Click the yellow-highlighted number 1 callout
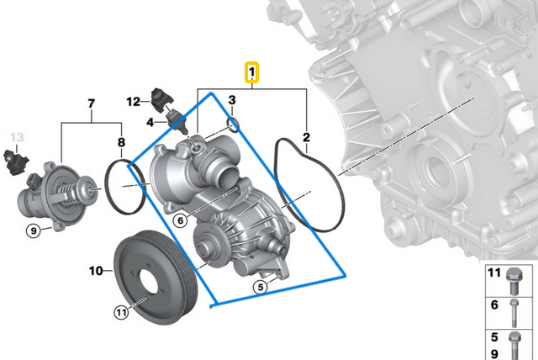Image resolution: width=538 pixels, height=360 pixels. coord(252,72)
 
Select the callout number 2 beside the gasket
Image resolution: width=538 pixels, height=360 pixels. coord(308,136)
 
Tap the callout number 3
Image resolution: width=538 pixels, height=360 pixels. coord(231,101)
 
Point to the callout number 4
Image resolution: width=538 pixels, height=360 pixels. coord(150,122)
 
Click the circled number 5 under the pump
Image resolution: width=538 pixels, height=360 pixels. coord(261,287)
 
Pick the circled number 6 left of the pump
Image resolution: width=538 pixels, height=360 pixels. coord(180,220)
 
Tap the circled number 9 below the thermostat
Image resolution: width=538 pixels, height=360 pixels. coord(34,229)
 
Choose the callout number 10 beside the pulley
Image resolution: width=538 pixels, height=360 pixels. coord(96,271)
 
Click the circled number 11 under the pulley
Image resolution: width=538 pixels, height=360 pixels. coord(121,312)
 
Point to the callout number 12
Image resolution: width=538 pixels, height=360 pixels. coord(133,102)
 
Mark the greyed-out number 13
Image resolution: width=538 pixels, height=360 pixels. coord(18,135)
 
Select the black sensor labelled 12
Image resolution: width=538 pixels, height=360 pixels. coord(162,97)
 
